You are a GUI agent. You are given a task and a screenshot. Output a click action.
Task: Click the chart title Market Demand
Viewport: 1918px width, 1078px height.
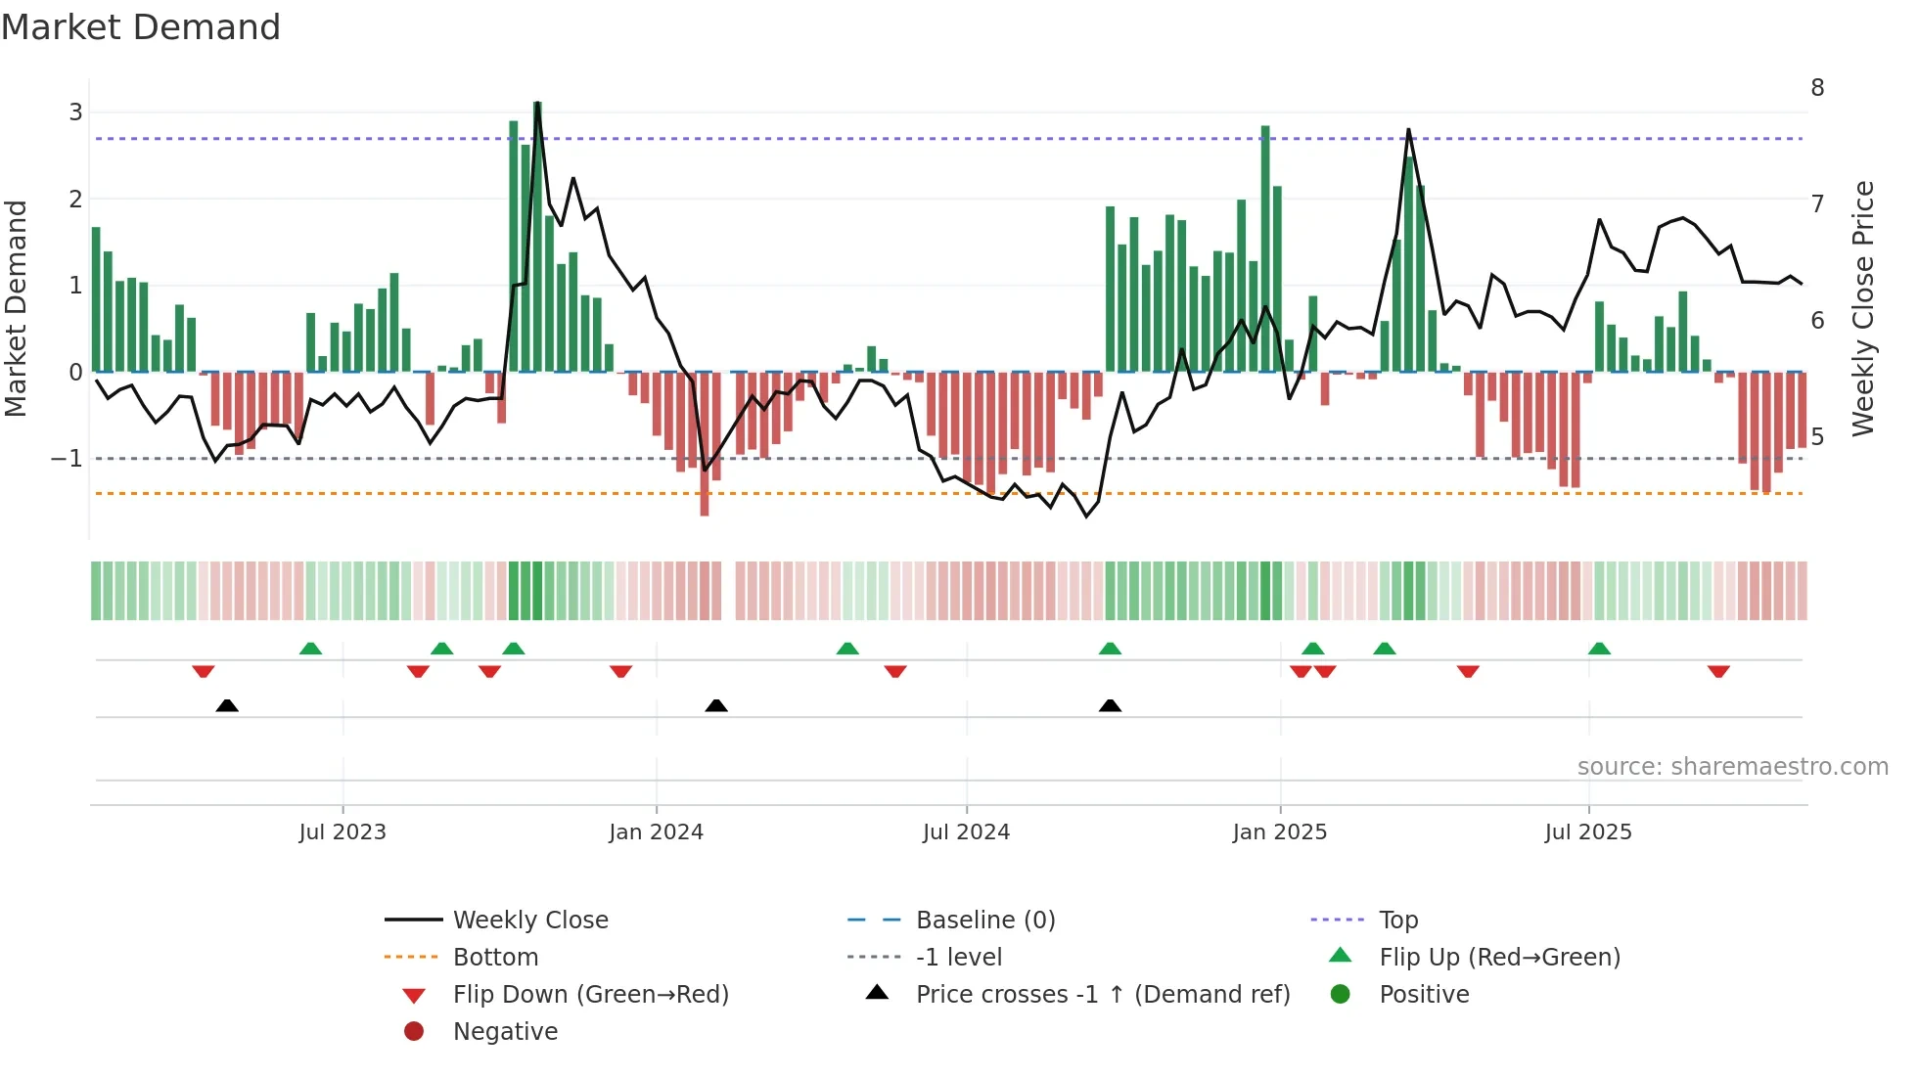pos(141,27)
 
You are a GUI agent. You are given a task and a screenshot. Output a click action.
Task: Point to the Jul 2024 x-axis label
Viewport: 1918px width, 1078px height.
pos(966,832)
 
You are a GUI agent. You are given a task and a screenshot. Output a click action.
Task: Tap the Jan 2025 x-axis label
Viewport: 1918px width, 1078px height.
pos(1279,832)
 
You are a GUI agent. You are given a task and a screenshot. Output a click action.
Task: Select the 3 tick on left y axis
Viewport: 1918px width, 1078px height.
pos(75,112)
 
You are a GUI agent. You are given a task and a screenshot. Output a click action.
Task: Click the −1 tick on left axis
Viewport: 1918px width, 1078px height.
pos(67,459)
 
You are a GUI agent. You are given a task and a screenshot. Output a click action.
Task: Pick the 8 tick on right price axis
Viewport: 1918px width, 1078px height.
pos(1817,88)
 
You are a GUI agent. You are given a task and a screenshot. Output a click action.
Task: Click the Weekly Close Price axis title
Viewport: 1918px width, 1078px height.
pos(1863,308)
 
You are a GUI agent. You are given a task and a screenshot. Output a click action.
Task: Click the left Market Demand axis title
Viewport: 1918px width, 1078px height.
pos(16,308)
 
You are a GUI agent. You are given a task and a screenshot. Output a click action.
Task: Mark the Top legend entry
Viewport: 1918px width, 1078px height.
pos(1398,921)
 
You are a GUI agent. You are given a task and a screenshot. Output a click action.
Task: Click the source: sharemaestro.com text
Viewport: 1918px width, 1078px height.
pos(1732,767)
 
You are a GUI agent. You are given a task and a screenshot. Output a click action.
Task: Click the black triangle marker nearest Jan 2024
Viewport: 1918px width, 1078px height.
pos(716,705)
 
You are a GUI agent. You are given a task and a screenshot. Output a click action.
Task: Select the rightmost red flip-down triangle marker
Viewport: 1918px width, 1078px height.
pos(1718,671)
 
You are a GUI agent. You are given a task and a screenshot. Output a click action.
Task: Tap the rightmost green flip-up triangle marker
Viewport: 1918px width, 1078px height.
pos(1599,649)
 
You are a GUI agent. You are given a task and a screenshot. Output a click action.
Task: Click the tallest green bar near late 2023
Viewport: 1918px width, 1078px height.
pos(537,235)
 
